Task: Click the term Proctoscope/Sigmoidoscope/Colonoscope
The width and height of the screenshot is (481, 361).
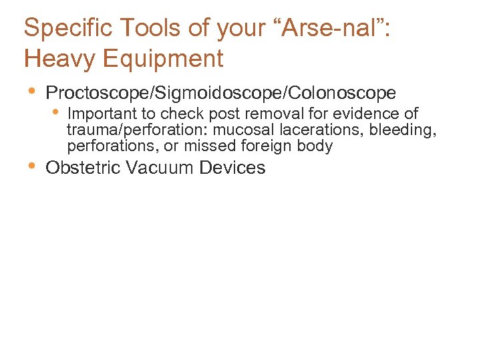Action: pos(220,93)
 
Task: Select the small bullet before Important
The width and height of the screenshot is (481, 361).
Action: pos(56,112)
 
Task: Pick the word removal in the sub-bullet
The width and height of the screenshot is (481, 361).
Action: pos(271,114)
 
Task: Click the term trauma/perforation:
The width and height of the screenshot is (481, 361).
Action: pos(137,130)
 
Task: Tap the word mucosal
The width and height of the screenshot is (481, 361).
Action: pos(240,130)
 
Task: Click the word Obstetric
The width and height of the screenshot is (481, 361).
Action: pos(83,168)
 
